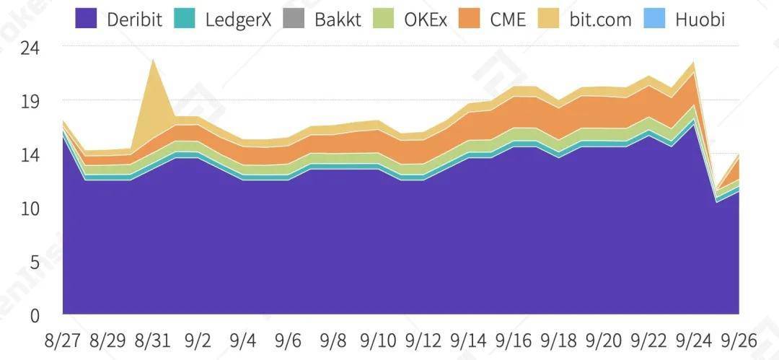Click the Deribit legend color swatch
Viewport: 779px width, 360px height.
87,18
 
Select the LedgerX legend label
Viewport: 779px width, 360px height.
238,19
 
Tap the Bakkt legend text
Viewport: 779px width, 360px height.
338,19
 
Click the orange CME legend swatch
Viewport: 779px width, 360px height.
472,18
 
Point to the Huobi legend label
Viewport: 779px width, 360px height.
700,19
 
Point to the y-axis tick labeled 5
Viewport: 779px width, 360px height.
34,262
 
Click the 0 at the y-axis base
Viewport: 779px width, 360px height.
34,315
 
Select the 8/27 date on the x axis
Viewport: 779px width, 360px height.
63,340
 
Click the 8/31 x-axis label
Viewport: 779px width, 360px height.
153,340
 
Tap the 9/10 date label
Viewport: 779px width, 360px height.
378,340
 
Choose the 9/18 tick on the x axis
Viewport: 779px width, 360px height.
558,340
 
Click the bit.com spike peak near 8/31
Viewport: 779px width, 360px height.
153,60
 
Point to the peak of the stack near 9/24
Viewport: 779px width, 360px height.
694,62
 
